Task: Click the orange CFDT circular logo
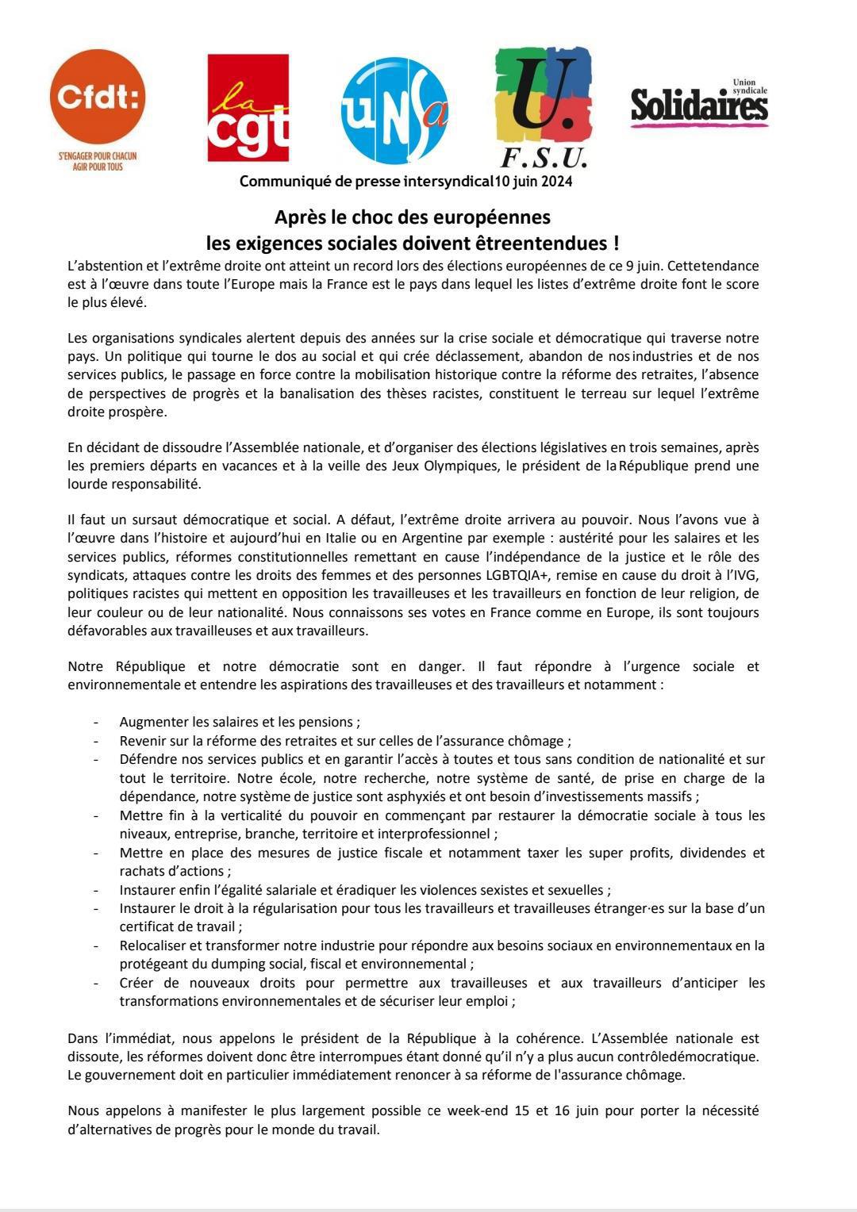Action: point(98,96)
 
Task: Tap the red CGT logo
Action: point(248,109)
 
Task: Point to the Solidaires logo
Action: point(699,104)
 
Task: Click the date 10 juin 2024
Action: point(533,182)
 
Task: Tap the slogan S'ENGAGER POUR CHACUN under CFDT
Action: point(98,157)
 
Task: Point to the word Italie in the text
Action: point(377,539)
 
